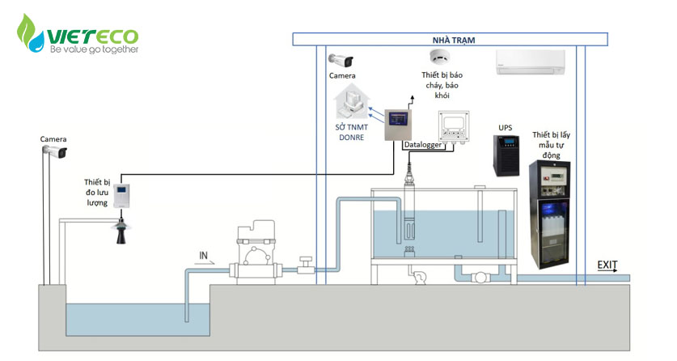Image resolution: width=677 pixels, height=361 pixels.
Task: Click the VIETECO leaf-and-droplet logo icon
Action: [30, 33]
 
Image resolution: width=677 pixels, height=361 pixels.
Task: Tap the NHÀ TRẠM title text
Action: [453, 40]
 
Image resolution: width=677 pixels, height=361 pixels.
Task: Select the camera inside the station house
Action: [341, 61]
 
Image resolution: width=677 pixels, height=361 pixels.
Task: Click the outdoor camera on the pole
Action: [55, 151]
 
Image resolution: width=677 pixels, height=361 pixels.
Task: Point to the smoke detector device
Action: [440, 57]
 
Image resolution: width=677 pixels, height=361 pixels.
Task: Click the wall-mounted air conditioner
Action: [531, 62]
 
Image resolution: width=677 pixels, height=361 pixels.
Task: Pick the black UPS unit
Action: [506, 155]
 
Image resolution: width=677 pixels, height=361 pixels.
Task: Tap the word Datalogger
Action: [423, 145]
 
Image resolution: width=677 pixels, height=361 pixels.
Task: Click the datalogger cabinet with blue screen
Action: [398, 125]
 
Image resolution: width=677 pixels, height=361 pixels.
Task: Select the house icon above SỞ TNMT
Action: [352, 102]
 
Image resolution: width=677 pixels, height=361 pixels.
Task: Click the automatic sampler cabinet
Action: [550, 214]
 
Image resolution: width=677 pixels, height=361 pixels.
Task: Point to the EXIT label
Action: [607, 265]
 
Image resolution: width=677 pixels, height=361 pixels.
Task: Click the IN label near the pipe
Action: [203, 255]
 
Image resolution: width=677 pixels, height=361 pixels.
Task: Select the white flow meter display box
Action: [122, 196]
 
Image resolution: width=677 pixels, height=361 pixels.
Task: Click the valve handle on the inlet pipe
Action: [306, 261]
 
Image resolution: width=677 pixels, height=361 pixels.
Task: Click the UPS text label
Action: [506, 128]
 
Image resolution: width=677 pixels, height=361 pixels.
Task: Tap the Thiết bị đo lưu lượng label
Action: [97, 192]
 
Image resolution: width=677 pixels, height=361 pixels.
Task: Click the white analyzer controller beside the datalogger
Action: [453, 126]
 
